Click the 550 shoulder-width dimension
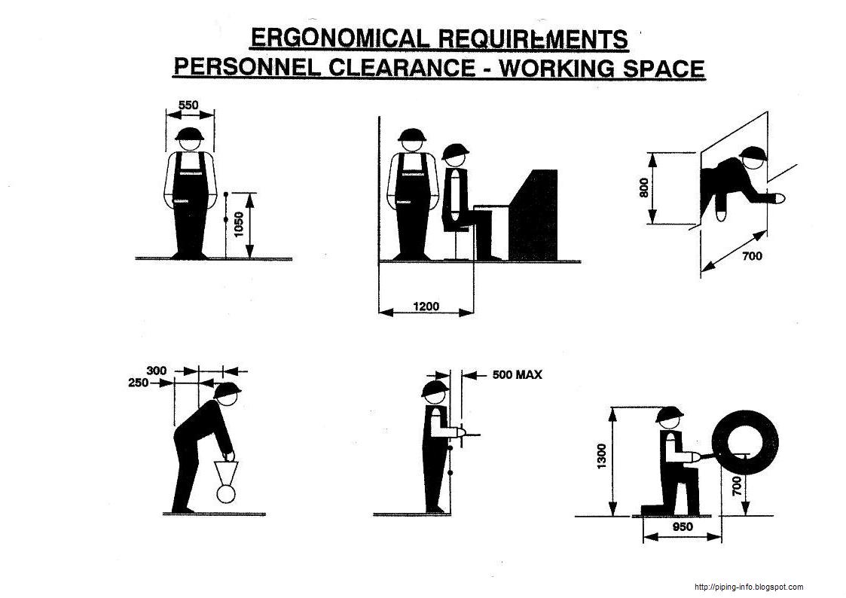[x=189, y=105]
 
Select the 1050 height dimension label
[x=239, y=224]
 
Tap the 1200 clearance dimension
[x=426, y=307]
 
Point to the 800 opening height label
[x=643, y=186]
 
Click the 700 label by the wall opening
[x=752, y=256]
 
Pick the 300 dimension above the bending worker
[x=157, y=371]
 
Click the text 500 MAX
[x=517, y=374]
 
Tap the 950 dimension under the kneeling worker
[x=682, y=527]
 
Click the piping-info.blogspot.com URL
[x=748, y=587]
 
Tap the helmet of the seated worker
[x=454, y=153]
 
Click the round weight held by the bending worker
[x=226, y=494]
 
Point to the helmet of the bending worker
[x=228, y=390]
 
